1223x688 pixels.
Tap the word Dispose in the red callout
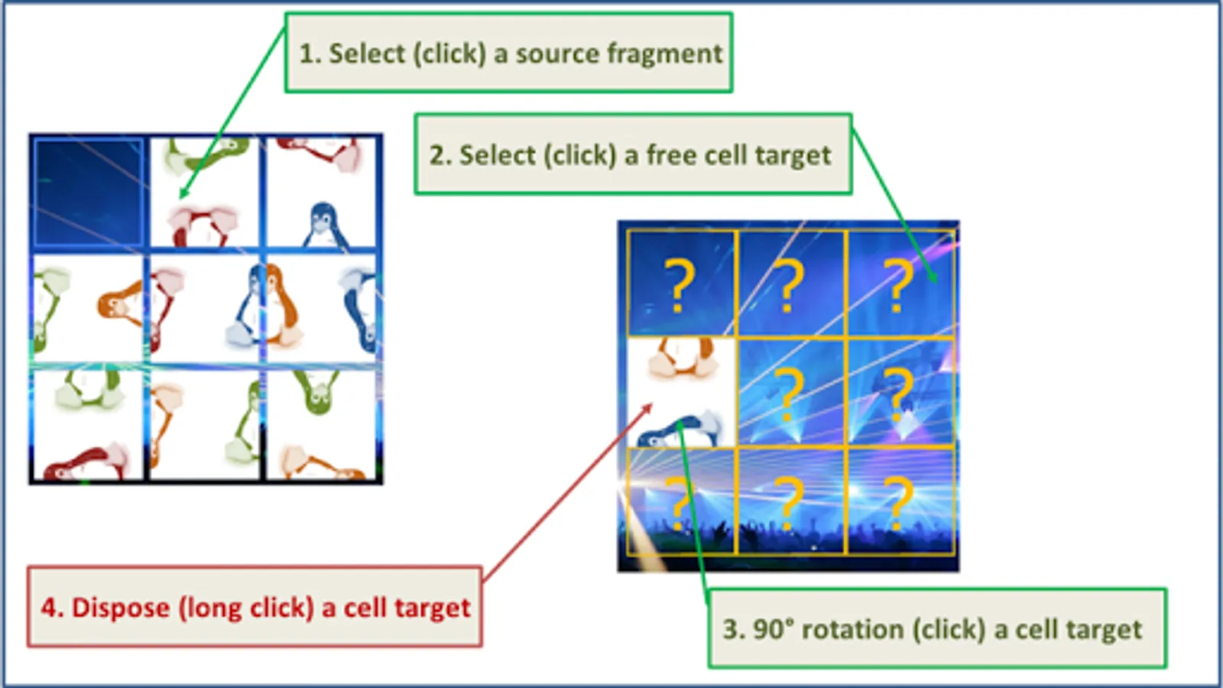click(x=121, y=608)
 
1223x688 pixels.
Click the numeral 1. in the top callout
click(x=309, y=54)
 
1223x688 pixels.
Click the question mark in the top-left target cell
click(x=679, y=285)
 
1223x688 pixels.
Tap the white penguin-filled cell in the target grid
click(x=680, y=391)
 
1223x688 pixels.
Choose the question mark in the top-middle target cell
click(x=790, y=285)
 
